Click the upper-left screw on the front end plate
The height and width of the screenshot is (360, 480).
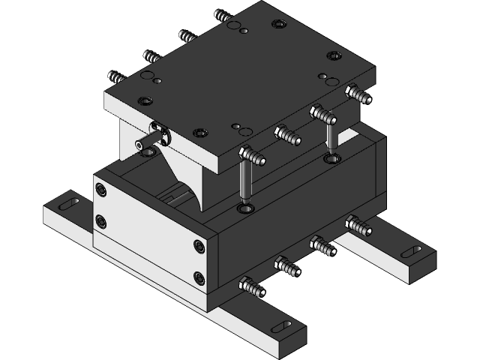click(x=100, y=190)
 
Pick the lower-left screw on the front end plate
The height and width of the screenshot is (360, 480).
click(x=100, y=221)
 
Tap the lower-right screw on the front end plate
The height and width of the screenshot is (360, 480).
click(x=199, y=278)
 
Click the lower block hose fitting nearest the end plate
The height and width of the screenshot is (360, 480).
click(x=250, y=286)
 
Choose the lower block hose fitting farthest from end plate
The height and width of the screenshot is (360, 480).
click(x=358, y=224)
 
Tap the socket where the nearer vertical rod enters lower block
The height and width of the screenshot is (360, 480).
click(x=244, y=208)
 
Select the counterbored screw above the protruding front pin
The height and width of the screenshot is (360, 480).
click(x=143, y=100)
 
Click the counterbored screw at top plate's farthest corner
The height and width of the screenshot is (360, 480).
click(x=279, y=25)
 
